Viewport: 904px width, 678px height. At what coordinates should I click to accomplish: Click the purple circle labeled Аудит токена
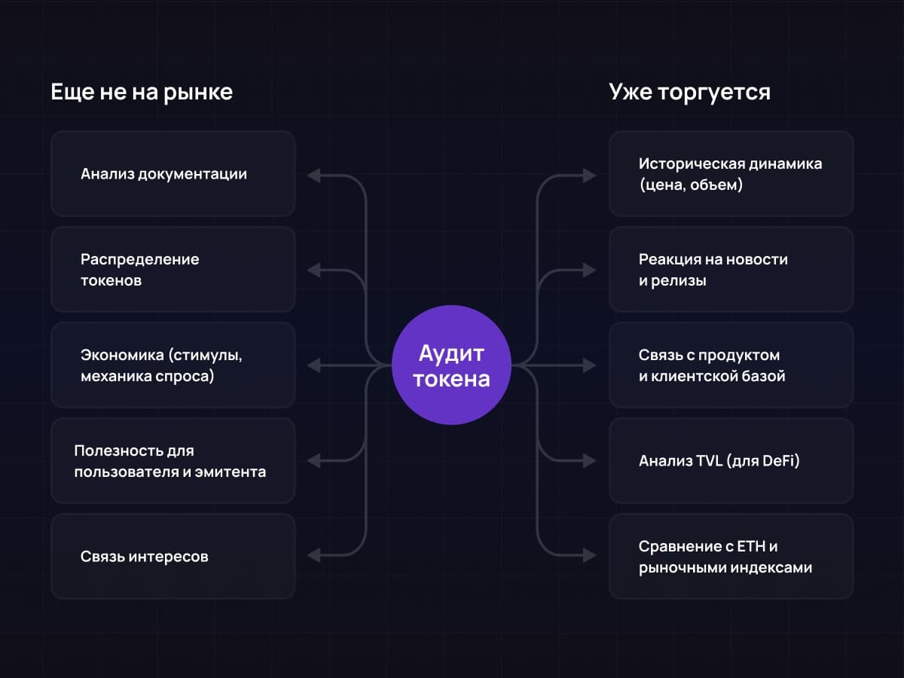pyautogui.click(x=452, y=365)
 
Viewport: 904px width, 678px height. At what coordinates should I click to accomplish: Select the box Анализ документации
pyautogui.click(x=173, y=174)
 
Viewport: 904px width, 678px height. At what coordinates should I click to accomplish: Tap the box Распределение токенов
pyautogui.click(x=173, y=270)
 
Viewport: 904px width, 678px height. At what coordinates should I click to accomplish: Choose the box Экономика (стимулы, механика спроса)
pyautogui.click(x=173, y=365)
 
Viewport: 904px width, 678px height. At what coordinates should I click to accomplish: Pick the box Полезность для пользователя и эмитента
pyautogui.click(x=173, y=461)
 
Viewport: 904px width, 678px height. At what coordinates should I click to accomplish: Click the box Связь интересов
pyautogui.click(x=173, y=557)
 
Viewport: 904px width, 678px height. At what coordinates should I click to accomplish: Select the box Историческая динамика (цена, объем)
pyautogui.click(x=731, y=174)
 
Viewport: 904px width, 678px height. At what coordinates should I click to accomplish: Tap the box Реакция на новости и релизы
pyautogui.click(x=731, y=270)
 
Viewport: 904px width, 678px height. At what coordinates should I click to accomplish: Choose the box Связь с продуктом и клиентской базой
pyautogui.click(x=731, y=365)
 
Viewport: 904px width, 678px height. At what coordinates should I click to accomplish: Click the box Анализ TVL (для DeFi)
pyautogui.click(x=731, y=461)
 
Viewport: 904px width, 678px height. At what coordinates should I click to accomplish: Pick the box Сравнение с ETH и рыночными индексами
pyautogui.click(x=731, y=557)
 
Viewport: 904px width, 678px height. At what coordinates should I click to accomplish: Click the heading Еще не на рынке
pyautogui.click(x=142, y=92)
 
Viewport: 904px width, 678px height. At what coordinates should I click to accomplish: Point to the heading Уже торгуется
pyautogui.click(x=689, y=92)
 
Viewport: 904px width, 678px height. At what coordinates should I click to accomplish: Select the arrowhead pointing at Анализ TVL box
pyautogui.click(x=589, y=460)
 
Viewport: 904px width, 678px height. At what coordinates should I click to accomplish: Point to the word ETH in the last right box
pyautogui.click(x=762, y=546)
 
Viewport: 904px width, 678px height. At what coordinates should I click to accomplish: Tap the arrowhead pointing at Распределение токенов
pyautogui.click(x=314, y=270)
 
